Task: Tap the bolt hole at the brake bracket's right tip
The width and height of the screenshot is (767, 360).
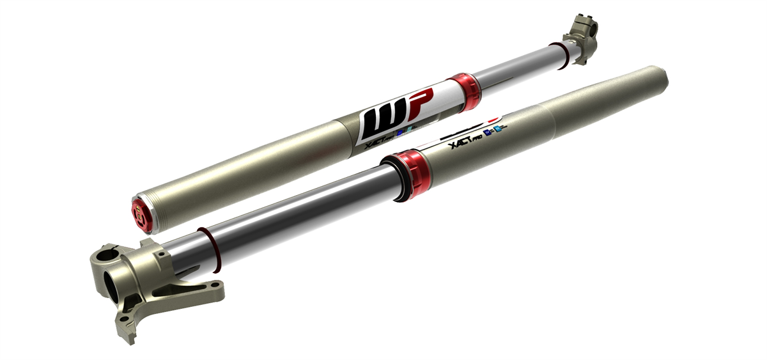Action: (x=217, y=291)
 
